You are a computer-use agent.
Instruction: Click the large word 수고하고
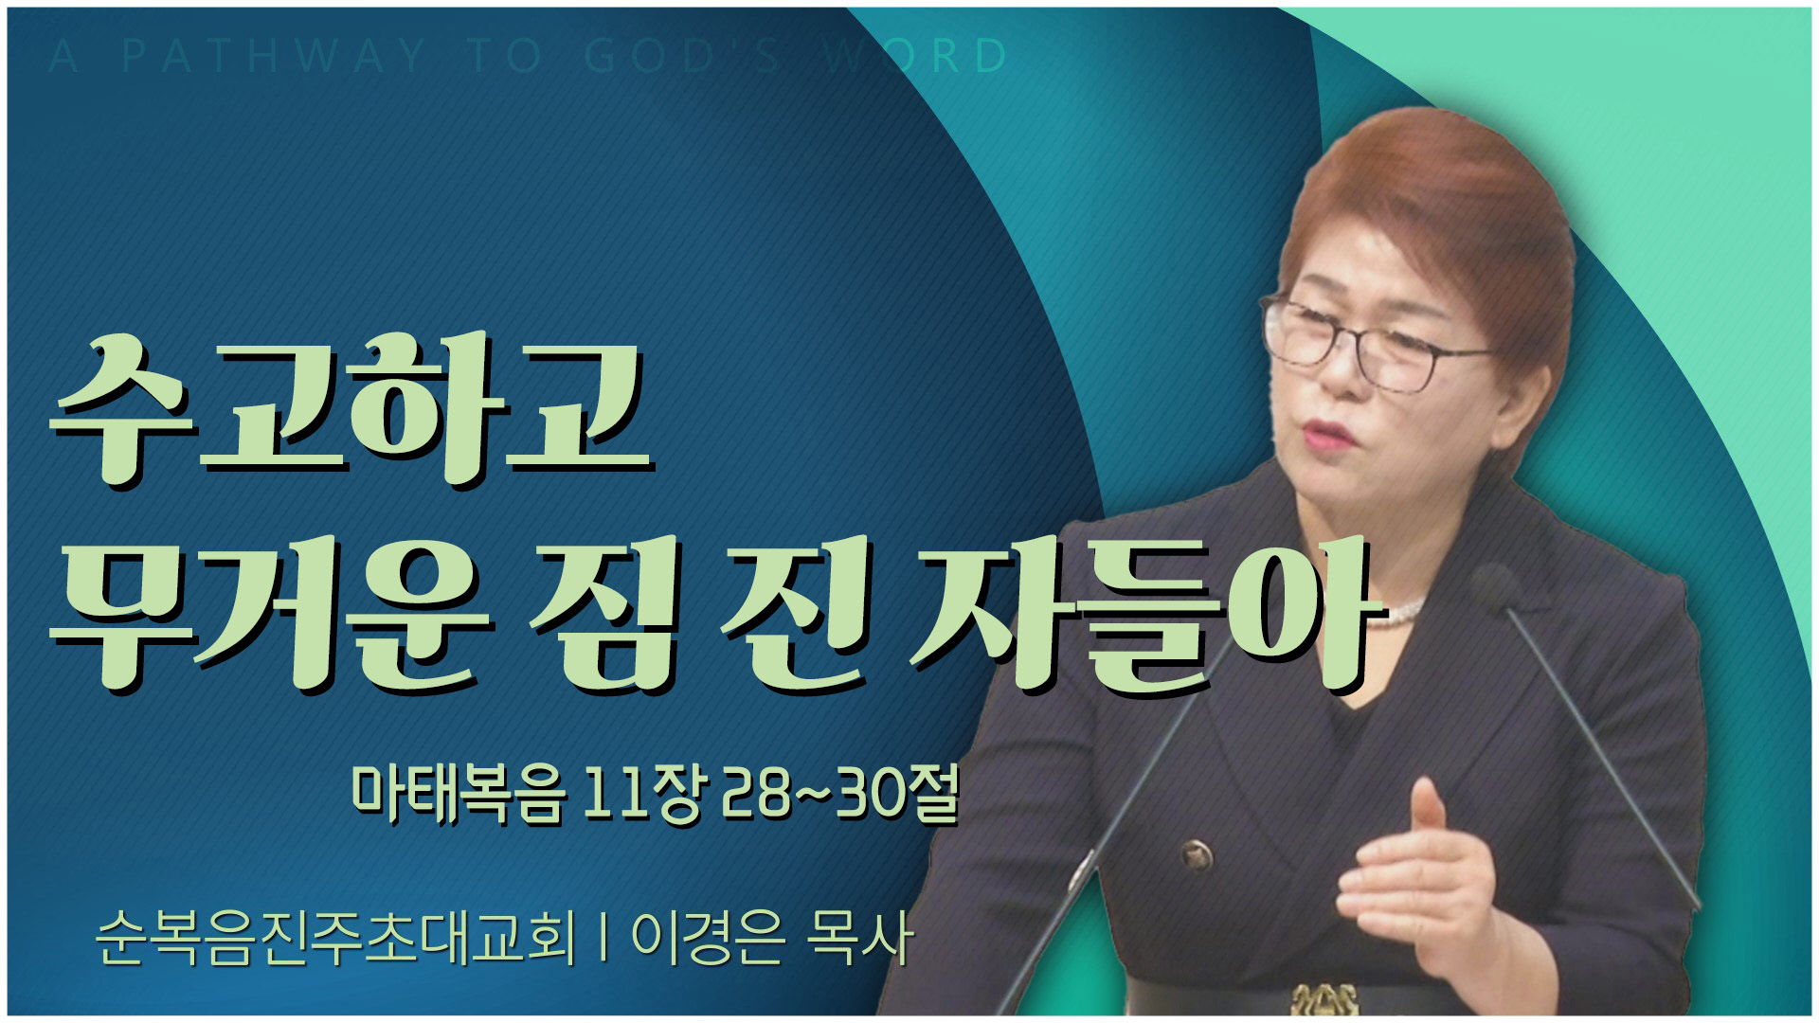(x=352, y=410)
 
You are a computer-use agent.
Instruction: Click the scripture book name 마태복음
(x=459, y=794)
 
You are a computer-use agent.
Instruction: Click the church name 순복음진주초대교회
(x=335, y=938)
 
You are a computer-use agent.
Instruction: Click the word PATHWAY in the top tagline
(x=275, y=56)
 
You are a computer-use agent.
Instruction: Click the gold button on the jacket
(x=1198, y=856)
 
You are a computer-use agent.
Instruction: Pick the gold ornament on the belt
(x=1323, y=1000)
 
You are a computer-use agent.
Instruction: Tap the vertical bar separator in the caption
(x=603, y=938)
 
